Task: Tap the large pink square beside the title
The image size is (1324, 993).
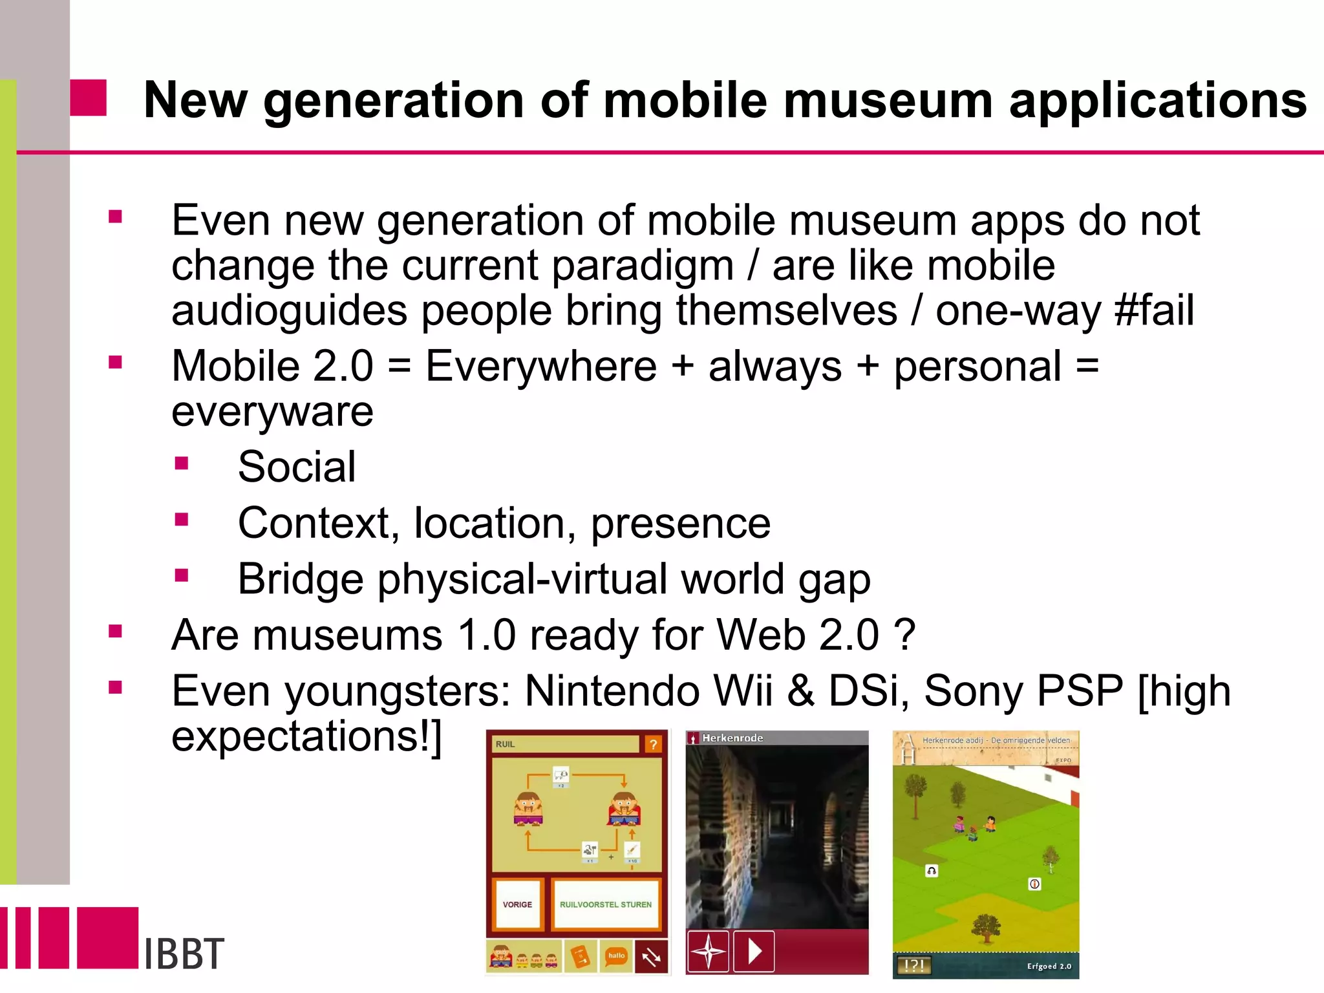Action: click(88, 98)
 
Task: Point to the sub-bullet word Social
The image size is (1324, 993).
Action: click(297, 467)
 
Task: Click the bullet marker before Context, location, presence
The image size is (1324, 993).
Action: click(182, 519)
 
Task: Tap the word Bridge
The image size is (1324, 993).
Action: click(300, 579)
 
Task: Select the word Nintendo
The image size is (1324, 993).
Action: click(612, 691)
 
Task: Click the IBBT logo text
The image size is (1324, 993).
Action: click(184, 954)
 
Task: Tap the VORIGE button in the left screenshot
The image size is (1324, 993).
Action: click(517, 904)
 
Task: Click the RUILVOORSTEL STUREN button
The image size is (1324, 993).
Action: click(606, 904)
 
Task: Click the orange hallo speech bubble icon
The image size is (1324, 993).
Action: click(616, 956)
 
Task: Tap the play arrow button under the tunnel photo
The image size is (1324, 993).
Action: click(754, 951)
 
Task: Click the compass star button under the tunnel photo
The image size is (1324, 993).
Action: click(708, 951)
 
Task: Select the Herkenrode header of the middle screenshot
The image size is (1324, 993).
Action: click(732, 738)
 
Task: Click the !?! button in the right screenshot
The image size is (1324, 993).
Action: click(913, 965)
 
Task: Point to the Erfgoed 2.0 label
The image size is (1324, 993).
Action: click(1049, 966)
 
